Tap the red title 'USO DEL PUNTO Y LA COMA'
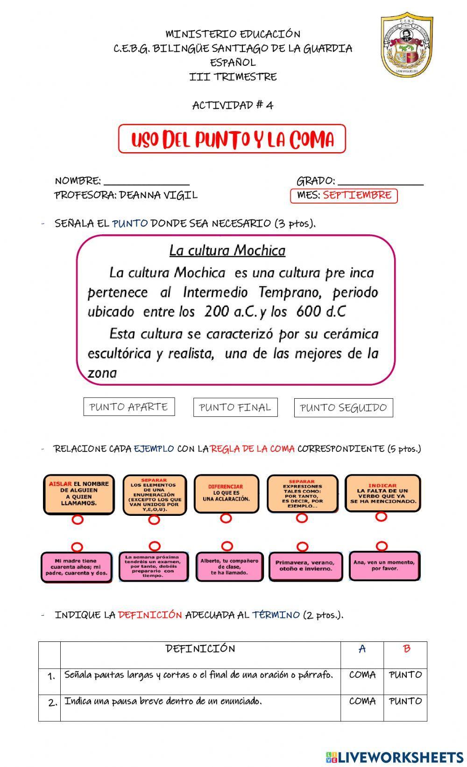[x=232, y=139]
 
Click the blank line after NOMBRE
[x=147, y=181]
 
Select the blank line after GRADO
[x=380, y=181]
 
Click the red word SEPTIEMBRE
[x=357, y=195]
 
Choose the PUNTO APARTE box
[x=129, y=407]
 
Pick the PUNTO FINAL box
[x=235, y=407]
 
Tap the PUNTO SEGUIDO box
[x=343, y=408]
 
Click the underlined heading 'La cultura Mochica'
[x=227, y=251]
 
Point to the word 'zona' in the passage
[x=102, y=373]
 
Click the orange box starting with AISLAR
[x=79, y=494]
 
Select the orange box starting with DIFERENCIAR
[x=226, y=493]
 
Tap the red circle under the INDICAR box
[x=382, y=516]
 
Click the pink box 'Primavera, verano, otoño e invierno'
[x=305, y=566]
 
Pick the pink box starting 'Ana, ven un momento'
[x=383, y=565]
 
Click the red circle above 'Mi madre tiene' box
[x=78, y=547]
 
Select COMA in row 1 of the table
[x=362, y=675]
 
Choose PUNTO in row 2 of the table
[x=405, y=701]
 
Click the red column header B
[x=406, y=649]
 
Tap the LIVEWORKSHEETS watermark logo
[x=395, y=757]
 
